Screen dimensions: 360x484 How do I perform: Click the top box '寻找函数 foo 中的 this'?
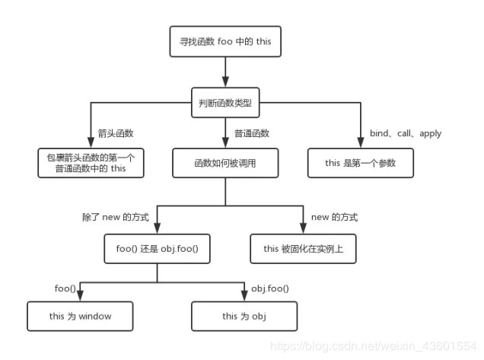(x=225, y=42)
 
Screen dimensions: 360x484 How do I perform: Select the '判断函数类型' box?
(x=225, y=103)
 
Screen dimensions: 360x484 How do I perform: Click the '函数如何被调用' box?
(x=225, y=163)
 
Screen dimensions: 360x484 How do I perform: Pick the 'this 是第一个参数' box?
(x=360, y=163)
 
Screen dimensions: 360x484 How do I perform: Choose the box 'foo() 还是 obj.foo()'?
(x=157, y=248)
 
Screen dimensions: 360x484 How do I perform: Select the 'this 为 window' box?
(x=80, y=315)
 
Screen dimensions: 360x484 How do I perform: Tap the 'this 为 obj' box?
(x=244, y=315)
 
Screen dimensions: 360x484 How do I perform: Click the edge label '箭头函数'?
(x=116, y=133)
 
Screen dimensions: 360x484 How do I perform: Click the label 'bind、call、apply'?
(x=406, y=133)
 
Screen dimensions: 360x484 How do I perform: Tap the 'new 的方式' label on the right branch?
(x=334, y=217)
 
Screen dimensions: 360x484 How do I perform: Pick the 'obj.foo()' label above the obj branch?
(x=269, y=288)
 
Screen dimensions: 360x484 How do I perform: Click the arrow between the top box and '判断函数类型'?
(x=225, y=72)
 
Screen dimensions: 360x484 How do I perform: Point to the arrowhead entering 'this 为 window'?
(x=80, y=297)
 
